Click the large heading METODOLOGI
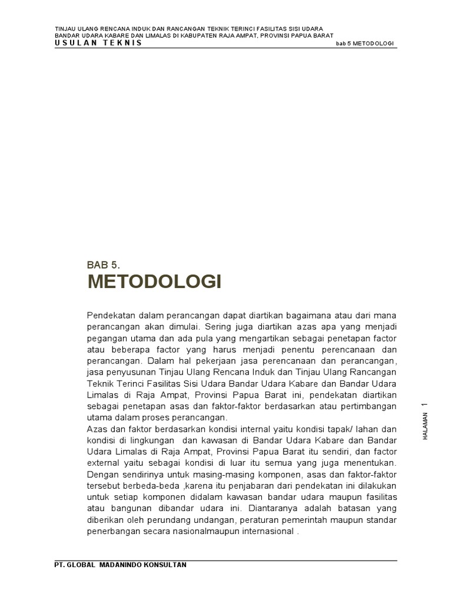(154, 283)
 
